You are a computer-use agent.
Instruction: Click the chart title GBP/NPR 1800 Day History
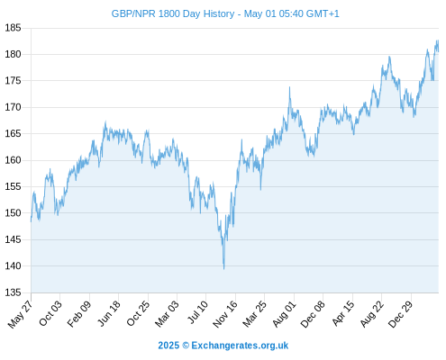pyautogui.click(x=173, y=13)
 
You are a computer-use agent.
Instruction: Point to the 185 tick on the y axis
pyautogui.click(x=13, y=28)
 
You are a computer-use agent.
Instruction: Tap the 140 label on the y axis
pyautogui.click(x=13, y=265)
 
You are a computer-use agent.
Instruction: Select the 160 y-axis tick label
pyautogui.click(x=13, y=160)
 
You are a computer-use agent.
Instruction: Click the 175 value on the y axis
pyautogui.click(x=13, y=81)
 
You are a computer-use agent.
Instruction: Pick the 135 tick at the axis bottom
pyautogui.click(x=13, y=292)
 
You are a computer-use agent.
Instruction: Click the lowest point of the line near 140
pyautogui.click(x=223, y=269)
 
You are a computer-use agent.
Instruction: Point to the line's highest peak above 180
pyautogui.click(x=437, y=40)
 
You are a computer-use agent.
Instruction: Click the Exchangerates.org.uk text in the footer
pyautogui.click(x=240, y=346)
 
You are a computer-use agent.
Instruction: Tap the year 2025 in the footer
pyautogui.click(x=168, y=346)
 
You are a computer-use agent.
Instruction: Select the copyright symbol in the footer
pyautogui.click(x=186, y=346)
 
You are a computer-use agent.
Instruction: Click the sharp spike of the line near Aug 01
pyautogui.click(x=289, y=87)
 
